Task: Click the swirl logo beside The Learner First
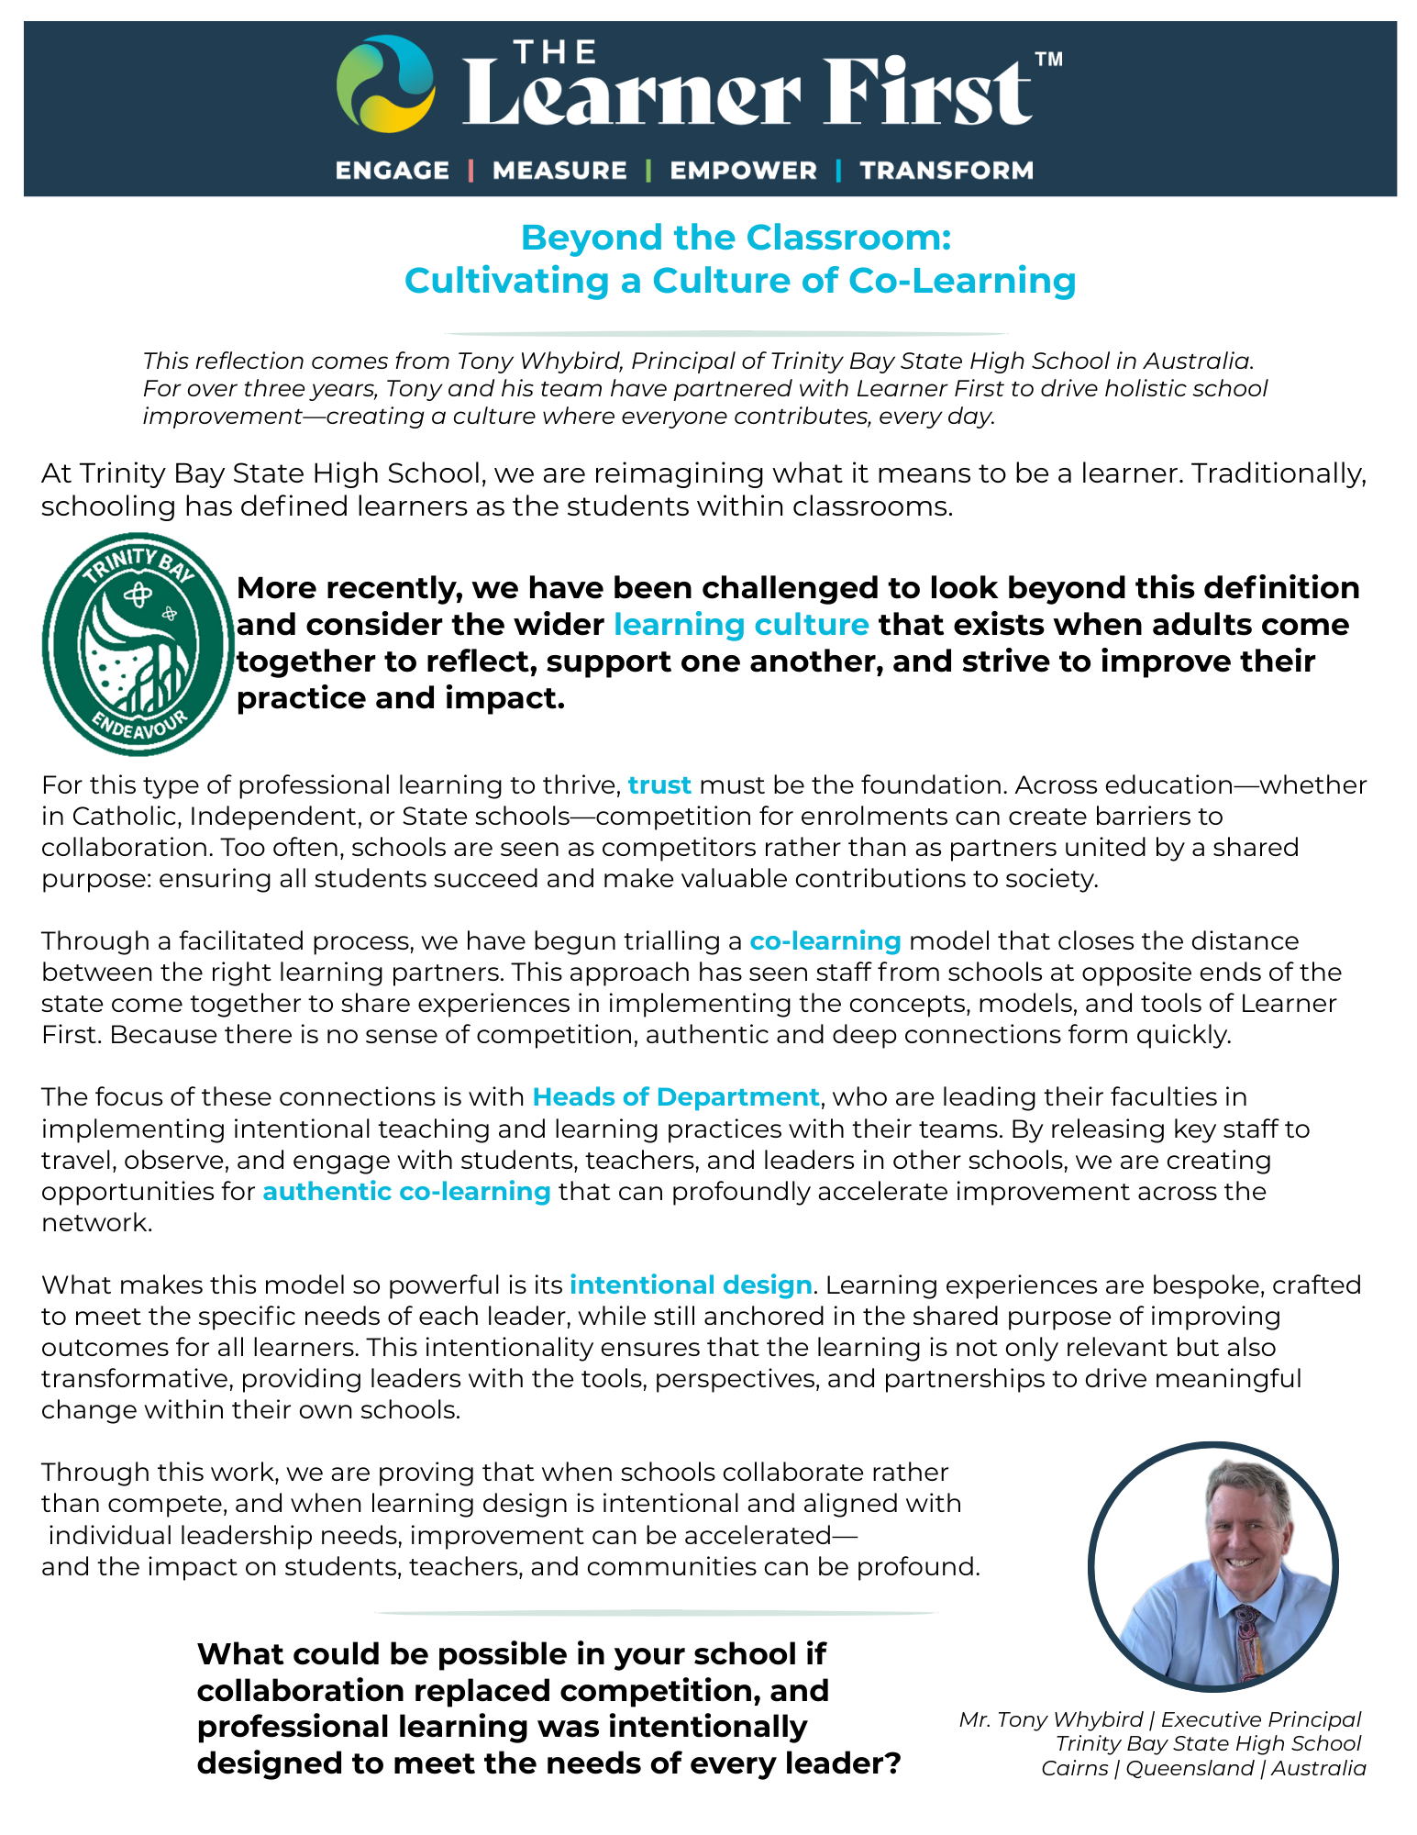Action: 385,83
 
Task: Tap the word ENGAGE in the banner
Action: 393,171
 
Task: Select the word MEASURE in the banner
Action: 559,171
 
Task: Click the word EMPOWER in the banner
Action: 743,171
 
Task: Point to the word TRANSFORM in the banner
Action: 947,171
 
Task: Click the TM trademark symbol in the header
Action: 1048,60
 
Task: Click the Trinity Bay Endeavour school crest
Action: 138,644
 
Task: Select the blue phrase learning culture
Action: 741,625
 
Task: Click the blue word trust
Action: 659,785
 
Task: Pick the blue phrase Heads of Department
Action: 676,1097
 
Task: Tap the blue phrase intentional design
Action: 691,1284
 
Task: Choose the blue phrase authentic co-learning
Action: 406,1191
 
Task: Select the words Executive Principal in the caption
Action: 1261,1719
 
